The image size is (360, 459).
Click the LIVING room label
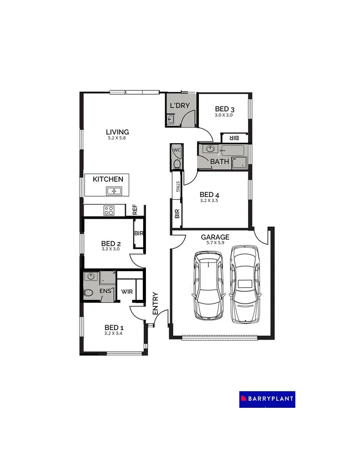pos(117,132)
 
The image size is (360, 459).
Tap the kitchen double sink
pos(114,191)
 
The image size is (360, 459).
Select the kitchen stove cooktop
pos(109,210)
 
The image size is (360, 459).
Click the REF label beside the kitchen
pos(135,209)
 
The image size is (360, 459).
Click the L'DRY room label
pos(179,105)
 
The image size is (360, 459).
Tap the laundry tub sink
pos(171,119)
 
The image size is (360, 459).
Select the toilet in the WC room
pos(178,164)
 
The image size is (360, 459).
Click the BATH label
pos(219,161)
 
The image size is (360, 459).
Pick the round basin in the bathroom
pos(210,149)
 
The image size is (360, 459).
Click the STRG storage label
pos(178,187)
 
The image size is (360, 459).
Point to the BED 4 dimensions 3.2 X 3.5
pos(209,200)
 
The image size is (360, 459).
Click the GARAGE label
pos(215,237)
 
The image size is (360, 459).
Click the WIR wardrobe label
pos(127,291)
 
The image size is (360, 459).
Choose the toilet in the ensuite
pos(88,292)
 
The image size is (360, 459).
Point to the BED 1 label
pos(114,328)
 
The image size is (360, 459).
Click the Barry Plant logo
pos(267,399)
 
